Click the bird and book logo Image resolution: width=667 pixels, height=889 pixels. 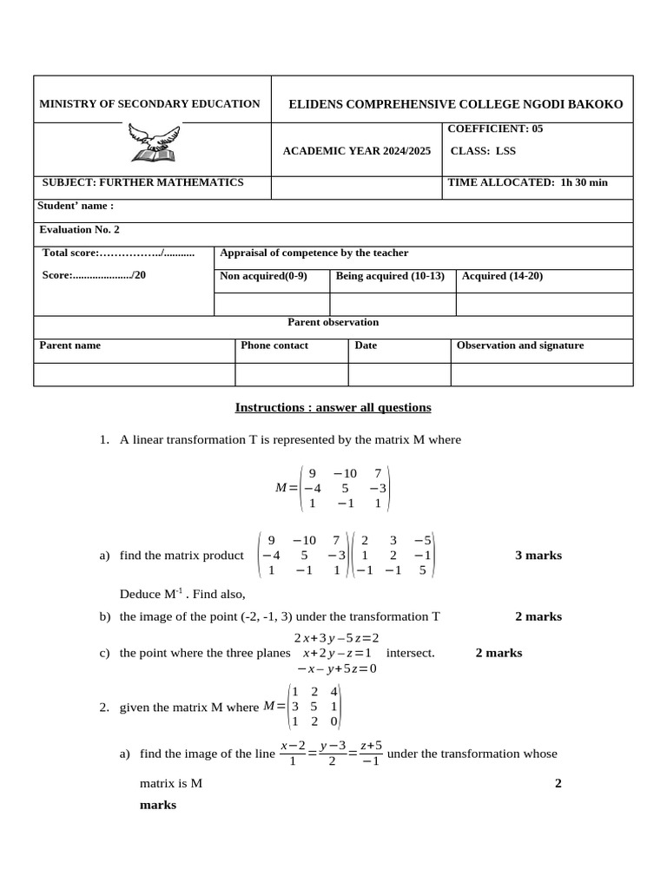pyautogui.click(x=153, y=142)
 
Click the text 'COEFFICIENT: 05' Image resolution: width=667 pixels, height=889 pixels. pyautogui.click(x=494, y=128)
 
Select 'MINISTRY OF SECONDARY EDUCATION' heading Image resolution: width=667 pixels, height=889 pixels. pyautogui.click(x=149, y=104)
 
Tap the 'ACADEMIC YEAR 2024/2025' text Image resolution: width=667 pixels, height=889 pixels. pyautogui.click(x=356, y=151)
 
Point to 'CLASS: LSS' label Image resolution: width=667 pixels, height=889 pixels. pyautogui.click(x=483, y=151)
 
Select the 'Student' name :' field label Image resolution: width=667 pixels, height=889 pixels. pyautogui.click(x=76, y=206)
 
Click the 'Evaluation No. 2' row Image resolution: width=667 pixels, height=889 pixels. pyautogui.click(x=80, y=229)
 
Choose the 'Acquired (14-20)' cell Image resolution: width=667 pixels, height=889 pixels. pyautogui.click(x=503, y=276)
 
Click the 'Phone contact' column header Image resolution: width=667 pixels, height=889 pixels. pyautogui.click(x=274, y=345)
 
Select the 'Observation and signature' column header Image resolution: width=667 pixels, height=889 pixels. pyautogui.click(x=520, y=345)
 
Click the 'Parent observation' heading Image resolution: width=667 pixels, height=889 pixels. pyautogui.click(x=333, y=322)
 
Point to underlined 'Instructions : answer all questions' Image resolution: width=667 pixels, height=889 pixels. pyautogui.click(x=333, y=407)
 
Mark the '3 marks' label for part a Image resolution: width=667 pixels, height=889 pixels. pyautogui.click(x=538, y=556)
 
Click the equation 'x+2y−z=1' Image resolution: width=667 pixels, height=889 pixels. pyautogui.click(x=338, y=653)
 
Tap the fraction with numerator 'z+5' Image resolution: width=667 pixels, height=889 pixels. pyautogui.click(x=369, y=754)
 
